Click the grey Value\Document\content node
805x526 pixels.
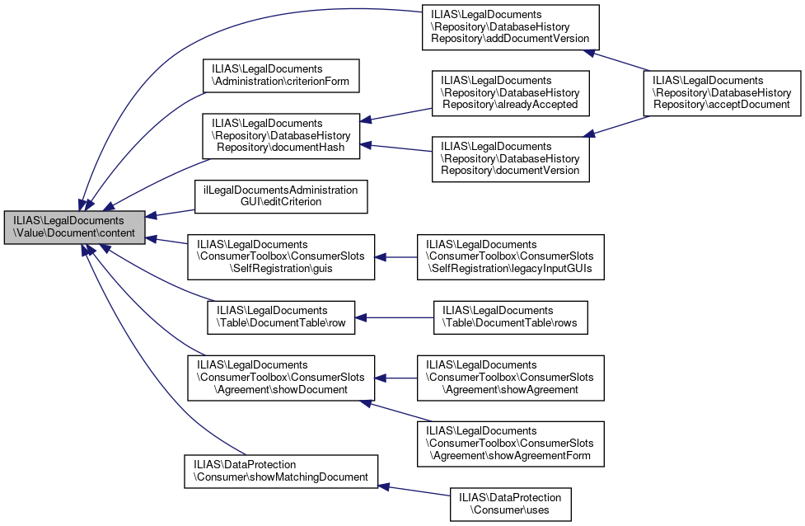(x=75, y=228)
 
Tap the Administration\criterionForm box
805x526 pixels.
(x=281, y=75)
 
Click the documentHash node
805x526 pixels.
(x=281, y=136)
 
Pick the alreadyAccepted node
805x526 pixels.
(x=509, y=92)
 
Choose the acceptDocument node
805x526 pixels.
(x=721, y=92)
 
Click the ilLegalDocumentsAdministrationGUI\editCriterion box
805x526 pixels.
(x=281, y=196)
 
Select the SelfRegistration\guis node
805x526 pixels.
(x=281, y=258)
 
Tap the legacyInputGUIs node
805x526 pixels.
(x=510, y=258)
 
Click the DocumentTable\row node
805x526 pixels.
(x=280, y=317)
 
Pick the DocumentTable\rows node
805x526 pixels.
(x=511, y=317)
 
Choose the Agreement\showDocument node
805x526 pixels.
(x=281, y=378)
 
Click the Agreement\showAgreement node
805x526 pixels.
(x=510, y=378)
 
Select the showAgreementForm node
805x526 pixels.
(x=510, y=444)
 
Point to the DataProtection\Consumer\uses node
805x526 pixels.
(x=510, y=504)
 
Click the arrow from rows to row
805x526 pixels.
(x=395, y=317)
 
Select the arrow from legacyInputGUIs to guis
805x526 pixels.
(x=396, y=258)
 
